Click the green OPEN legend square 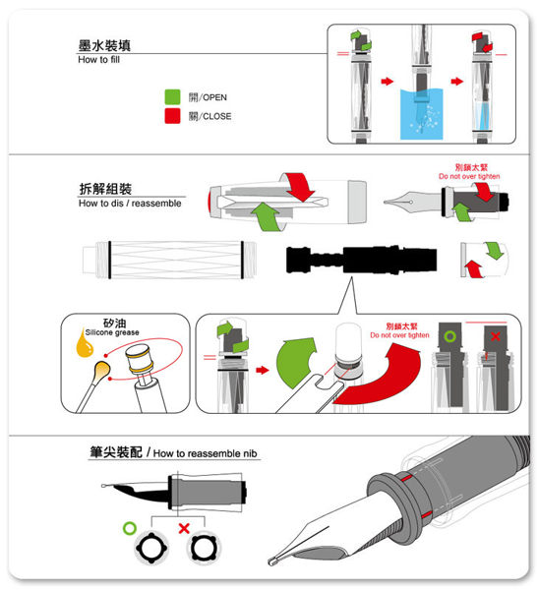tap(172, 96)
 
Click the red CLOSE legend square tap(172, 116)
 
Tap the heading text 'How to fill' tap(99, 59)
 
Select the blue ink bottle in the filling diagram tap(421, 114)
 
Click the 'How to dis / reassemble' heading tap(130, 204)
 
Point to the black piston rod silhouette tap(361, 260)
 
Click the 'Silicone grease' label tap(112, 332)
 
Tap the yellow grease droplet tap(84, 343)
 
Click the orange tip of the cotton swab tap(101, 370)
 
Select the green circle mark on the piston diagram tap(449, 336)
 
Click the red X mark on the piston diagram tap(496, 336)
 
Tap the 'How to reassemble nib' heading tap(206, 453)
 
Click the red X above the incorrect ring tap(184, 528)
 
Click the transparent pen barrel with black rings tap(169, 260)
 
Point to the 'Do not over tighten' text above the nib tap(469, 176)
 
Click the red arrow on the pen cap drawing tap(300, 186)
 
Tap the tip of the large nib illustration tap(269, 562)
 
